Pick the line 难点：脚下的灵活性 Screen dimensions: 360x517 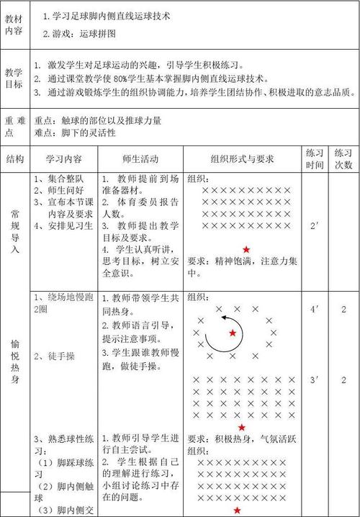(x=76, y=133)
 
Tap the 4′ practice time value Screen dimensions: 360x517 (x=314, y=310)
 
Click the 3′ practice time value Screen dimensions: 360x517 (x=314, y=379)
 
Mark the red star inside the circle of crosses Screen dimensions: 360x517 (x=232, y=333)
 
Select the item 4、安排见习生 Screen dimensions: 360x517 (x=63, y=226)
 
